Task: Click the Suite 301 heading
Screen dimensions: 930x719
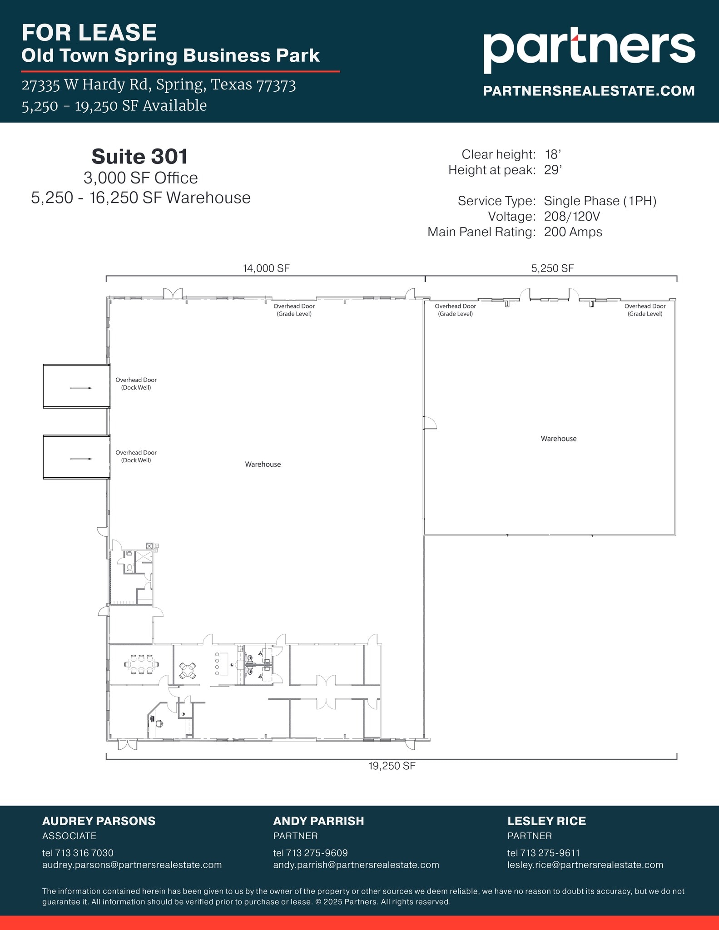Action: coord(140,157)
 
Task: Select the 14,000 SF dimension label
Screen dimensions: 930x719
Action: coord(266,268)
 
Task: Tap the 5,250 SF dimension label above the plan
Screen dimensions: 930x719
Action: coord(552,268)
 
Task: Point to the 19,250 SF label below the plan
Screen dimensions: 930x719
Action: coord(392,766)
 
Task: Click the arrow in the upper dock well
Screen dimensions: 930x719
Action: coord(81,388)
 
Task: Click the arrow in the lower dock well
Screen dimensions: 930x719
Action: coord(81,459)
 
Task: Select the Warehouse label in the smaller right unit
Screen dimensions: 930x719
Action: coord(558,439)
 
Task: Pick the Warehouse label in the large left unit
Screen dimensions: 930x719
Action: coord(263,464)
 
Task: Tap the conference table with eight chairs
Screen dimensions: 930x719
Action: coord(141,664)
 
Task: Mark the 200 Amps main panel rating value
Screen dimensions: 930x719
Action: coord(573,232)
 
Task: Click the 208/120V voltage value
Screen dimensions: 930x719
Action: coord(572,217)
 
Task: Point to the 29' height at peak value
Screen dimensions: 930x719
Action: coord(553,170)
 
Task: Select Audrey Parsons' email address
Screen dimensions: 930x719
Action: coord(132,865)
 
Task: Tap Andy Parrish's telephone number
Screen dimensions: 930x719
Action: coord(310,853)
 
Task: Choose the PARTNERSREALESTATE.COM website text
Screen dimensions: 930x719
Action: coord(589,91)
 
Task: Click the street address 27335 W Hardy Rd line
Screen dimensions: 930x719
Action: coord(159,85)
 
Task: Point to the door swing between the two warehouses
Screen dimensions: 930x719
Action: coord(430,423)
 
